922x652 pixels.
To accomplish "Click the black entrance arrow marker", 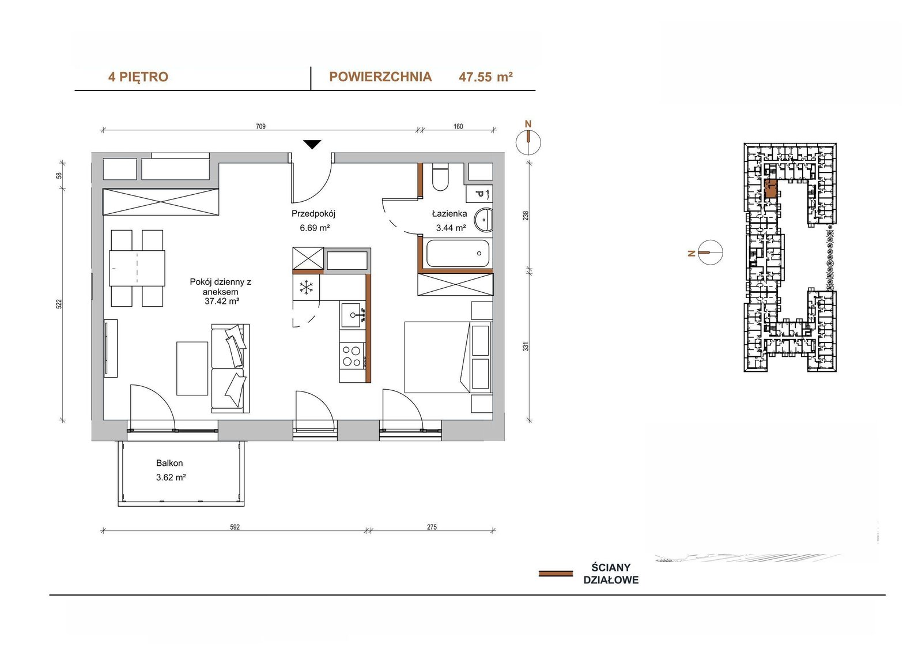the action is (312, 144).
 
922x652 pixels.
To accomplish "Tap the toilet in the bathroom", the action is (440, 177).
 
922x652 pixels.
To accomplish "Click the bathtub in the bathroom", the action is (458, 253).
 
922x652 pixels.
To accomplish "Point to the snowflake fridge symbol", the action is (306, 288).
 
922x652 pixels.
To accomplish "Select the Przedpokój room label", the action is (313, 214).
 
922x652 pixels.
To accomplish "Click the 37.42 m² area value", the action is (222, 301).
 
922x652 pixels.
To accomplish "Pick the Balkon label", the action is (169, 463).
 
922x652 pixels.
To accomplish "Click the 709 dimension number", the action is (260, 126).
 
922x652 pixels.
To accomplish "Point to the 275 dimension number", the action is (432, 527).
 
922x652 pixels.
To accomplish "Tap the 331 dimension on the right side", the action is (526, 346).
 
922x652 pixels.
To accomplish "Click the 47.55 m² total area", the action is (486, 77).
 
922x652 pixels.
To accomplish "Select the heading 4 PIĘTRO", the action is (138, 77).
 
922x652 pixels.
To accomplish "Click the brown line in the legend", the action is (556, 574).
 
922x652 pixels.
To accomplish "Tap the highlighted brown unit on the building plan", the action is (770, 189).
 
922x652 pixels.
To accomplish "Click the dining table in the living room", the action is (137, 268).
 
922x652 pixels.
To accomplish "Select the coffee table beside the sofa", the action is (192, 368).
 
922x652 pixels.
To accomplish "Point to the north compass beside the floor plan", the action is (528, 142).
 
